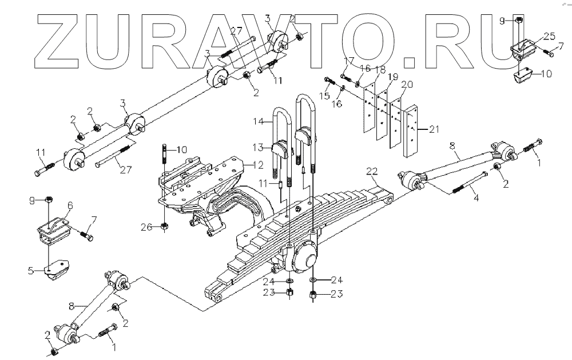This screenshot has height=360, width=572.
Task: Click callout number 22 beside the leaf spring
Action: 372,171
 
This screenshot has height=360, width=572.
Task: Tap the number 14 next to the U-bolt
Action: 259,121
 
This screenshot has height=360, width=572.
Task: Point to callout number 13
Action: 259,147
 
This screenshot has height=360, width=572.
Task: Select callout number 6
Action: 70,204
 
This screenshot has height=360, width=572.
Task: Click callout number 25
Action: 549,36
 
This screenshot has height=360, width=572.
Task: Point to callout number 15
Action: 324,96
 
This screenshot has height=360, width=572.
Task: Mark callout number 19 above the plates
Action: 391,76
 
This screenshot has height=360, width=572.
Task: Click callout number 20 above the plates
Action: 406,84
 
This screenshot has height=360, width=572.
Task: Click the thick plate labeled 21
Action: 410,132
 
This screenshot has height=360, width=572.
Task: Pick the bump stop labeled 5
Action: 57,272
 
